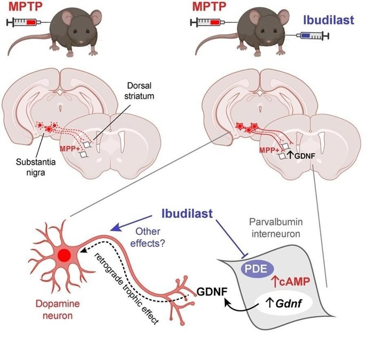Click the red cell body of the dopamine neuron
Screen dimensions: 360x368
[x=65, y=255]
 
